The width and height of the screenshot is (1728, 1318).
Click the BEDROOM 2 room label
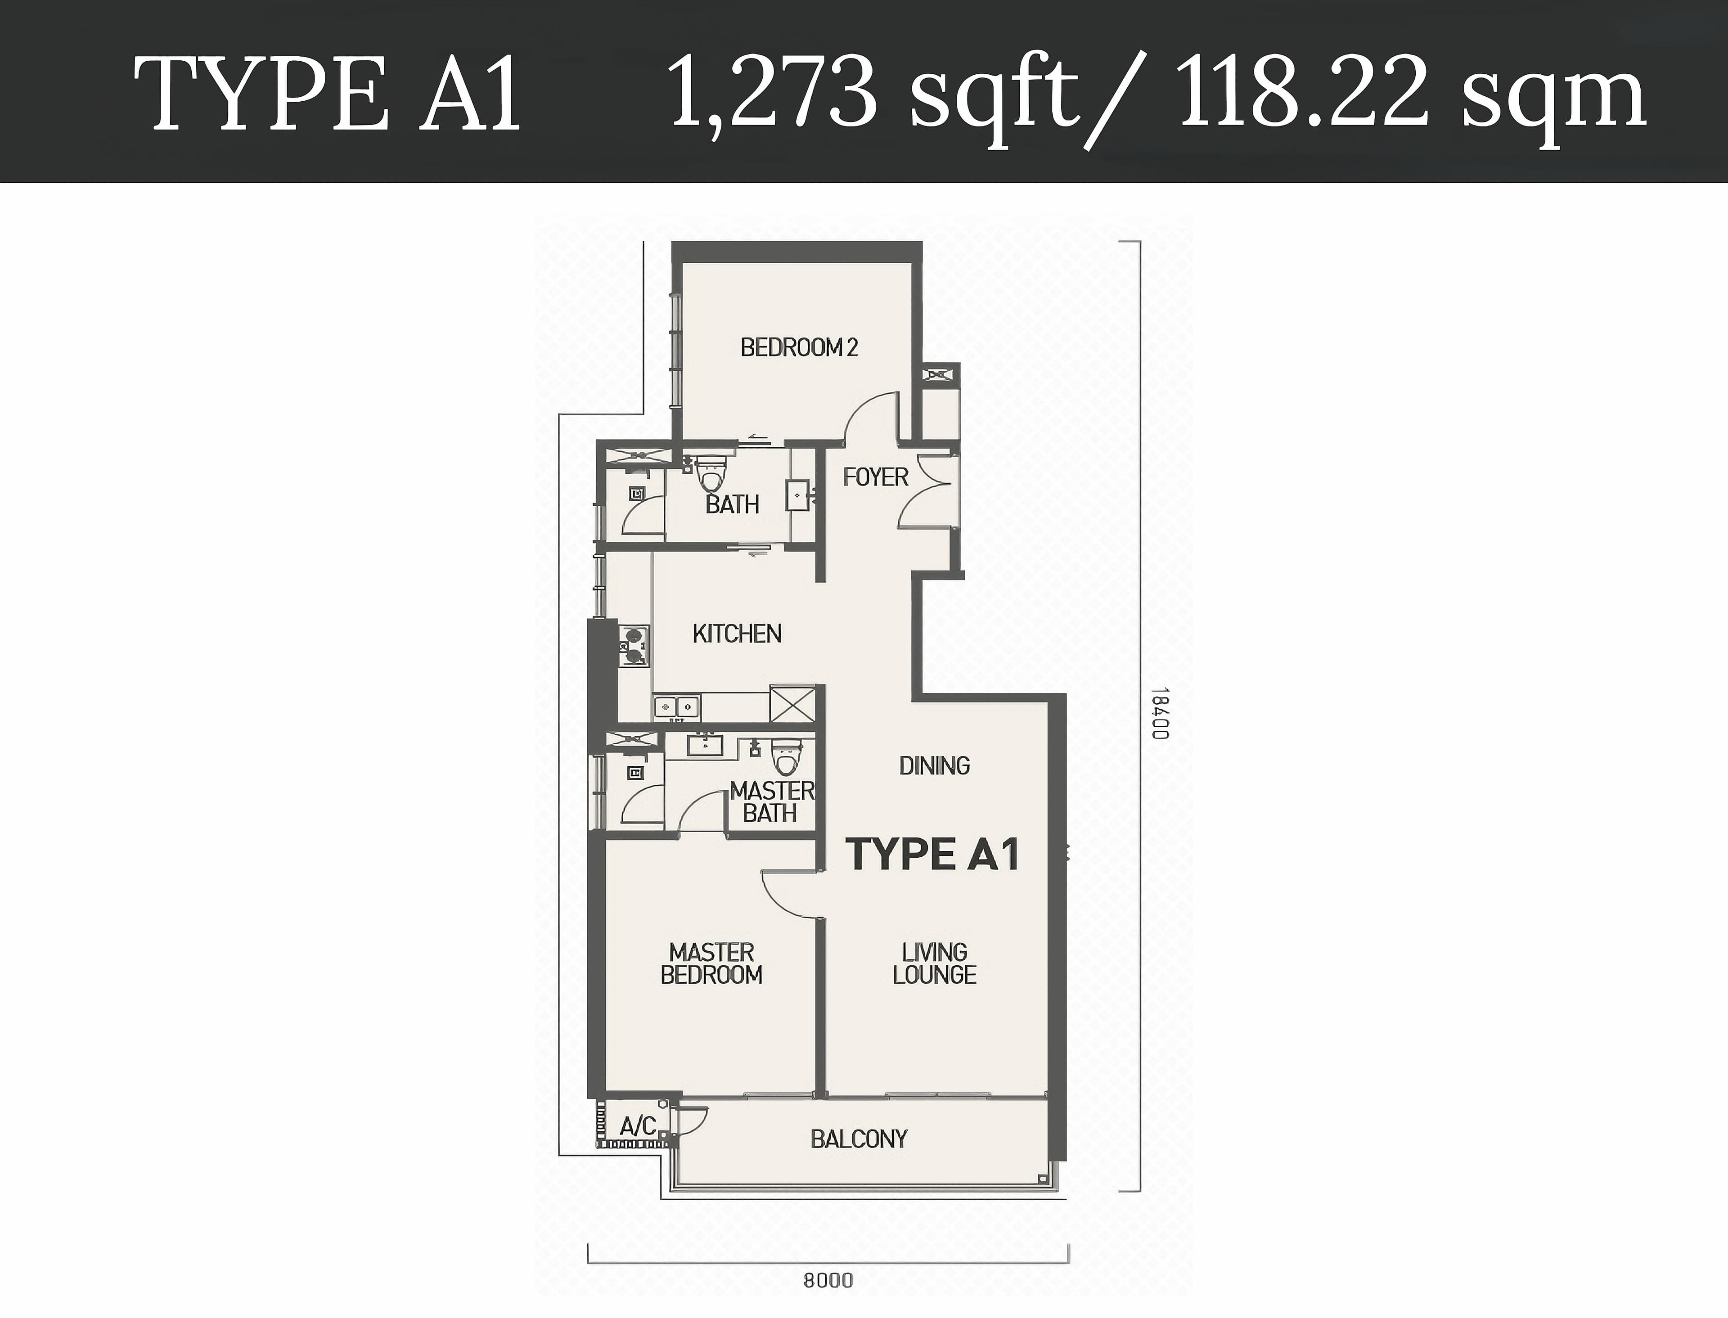[x=799, y=347]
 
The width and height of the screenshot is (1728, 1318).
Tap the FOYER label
[x=875, y=477]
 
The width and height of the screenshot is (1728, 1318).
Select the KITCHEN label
[x=737, y=634]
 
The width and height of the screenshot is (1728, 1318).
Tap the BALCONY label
[x=859, y=1139]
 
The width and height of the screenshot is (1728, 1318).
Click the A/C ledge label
[x=638, y=1127]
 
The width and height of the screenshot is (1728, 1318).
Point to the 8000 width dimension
[x=828, y=1281]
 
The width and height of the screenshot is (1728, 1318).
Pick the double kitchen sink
[x=677, y=707]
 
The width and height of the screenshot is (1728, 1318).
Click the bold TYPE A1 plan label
[x=933, y=855]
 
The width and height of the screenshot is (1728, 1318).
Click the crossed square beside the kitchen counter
[x=792, y=704]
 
